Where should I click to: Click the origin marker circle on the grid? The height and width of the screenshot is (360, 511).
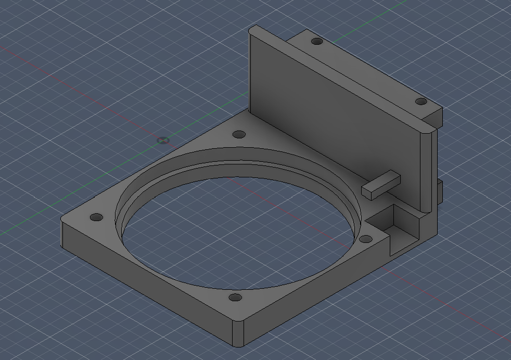pyautogui.click(x=163, y=140)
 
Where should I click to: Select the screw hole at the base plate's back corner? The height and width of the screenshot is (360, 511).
pyautogui.click(x=239, y=135)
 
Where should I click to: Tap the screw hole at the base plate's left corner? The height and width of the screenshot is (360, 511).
pyautogui.click(x=95, y=217)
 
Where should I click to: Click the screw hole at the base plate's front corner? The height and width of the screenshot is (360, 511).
pyautogui.click(x=236, y=299)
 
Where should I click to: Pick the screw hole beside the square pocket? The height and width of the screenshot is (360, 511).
pyautogui.click(x=366, y=239)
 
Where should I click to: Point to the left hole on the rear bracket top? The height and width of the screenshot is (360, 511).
pyautogui.click(x=316, y=41)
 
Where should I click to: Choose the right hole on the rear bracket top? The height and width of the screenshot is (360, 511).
pyautogui.click(x=420, y=101)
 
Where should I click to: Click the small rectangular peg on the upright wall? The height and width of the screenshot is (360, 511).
pyautogui.click(x=381, y=185)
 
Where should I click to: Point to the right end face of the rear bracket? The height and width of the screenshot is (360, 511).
pyautogui.click(x=438, y=117)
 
